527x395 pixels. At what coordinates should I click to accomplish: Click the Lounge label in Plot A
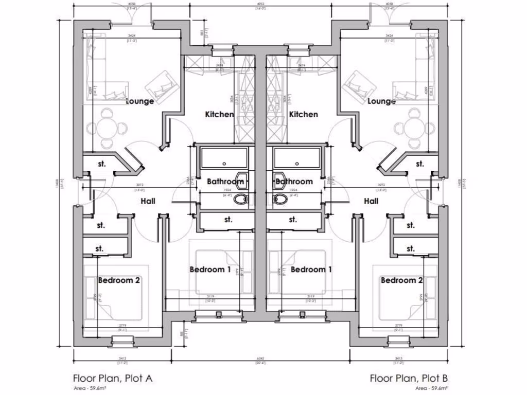[x=140, y=101]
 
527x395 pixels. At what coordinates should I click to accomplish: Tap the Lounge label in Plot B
[x=381, y=101]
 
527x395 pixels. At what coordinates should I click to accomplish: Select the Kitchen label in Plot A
[x=219, y=114]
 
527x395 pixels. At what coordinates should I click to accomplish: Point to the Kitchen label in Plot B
[x=304, y=114]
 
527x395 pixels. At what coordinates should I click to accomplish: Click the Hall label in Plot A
[x=148, y=201]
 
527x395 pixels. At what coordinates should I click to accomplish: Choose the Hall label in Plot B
[x=371, y=201]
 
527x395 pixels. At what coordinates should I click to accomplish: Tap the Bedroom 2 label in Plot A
[x=119, y=280]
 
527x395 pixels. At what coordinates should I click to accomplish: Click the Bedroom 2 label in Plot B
[x=402, y=280]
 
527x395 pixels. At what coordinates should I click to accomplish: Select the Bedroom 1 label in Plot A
[x=210, y=270]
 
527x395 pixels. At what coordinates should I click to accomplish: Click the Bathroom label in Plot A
[x=225, y=182]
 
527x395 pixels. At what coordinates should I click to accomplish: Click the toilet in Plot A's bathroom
[x=241, y=199]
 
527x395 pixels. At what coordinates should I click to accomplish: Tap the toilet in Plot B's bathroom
[x=281, y=199]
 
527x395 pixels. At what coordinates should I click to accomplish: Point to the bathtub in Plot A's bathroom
[x=224, y=157]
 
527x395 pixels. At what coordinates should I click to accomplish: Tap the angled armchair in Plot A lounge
[x=162, y=84]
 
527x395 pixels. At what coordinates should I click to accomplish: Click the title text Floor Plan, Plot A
[x=113, y=379]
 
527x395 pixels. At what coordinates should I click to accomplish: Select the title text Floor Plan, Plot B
[x=409, y=379]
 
